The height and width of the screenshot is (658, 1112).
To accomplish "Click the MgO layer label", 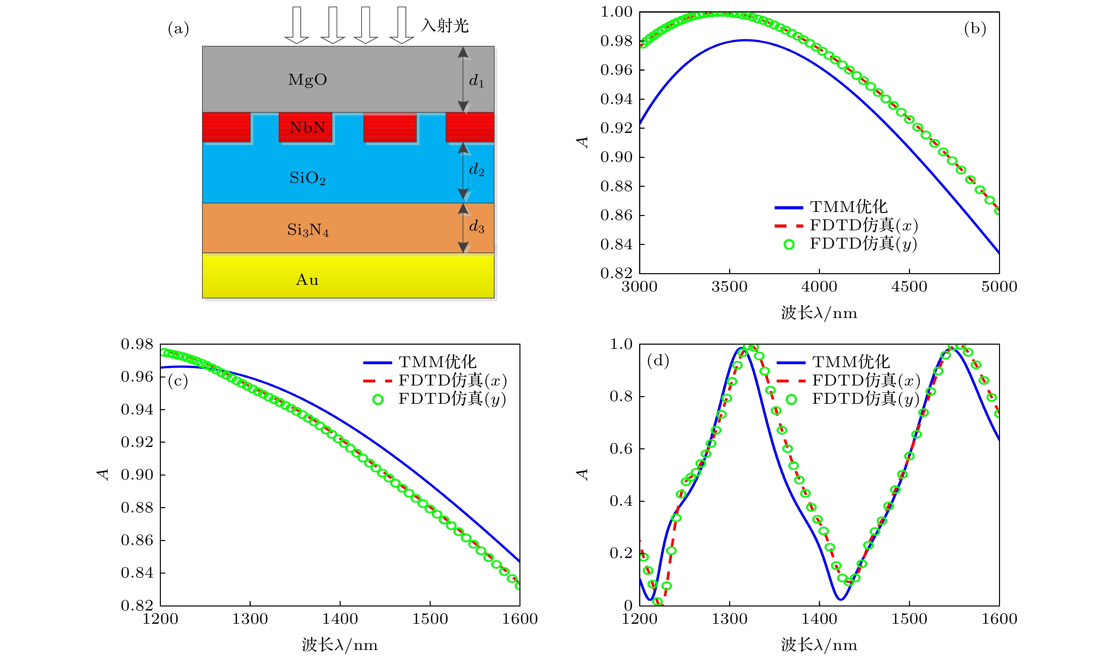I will click(x=307, y=80).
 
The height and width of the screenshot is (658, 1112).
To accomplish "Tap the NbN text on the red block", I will click(x=307, y=128).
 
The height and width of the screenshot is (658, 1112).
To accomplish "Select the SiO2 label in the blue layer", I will click(x=307, y=178).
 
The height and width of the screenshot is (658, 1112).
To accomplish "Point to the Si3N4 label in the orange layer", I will click(x=308, y=230).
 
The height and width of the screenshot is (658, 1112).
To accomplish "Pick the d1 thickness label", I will click(x=476, y=81).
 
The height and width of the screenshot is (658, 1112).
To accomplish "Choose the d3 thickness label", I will click(x=477, y=227).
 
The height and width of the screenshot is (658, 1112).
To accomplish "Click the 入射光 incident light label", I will click(x=445, y=26).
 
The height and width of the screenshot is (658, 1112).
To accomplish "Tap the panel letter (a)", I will click(x=178, y=29).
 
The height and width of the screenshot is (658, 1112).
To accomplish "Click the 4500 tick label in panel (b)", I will click(x=909, y=287).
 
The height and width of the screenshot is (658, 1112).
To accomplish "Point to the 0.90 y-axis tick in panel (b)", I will click(x=616, y=157).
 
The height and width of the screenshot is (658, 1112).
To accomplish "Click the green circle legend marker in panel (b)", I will click(x=789, y=244).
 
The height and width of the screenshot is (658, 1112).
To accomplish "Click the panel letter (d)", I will click(x=658, y=361).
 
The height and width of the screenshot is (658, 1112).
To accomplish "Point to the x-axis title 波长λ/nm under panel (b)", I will click(x=819, y=313).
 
